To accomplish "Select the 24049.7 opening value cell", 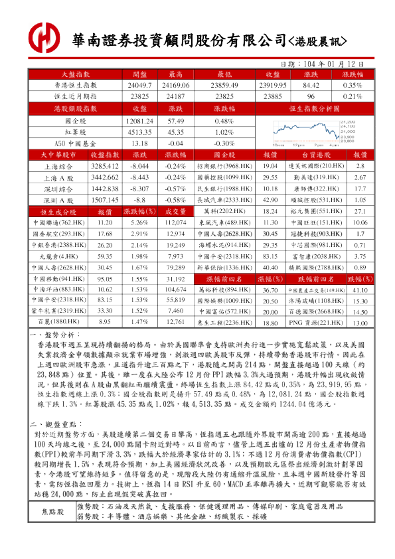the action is click(140, 86).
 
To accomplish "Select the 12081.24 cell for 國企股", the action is click(140, 121).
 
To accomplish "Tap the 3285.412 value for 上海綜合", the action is click(104, 166).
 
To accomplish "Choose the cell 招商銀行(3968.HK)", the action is click(224, 166).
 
